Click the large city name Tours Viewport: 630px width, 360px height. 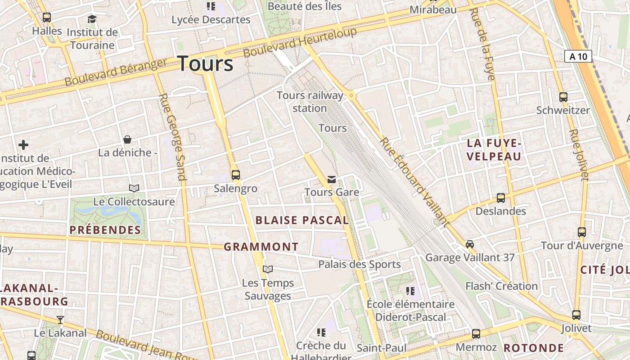point(206,64)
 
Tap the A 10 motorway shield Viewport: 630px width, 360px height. point(578,56)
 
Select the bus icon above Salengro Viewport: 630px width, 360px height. point(235,175)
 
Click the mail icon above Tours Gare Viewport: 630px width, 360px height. point(332,180)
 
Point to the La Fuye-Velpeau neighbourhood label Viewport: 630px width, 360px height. point(494,150)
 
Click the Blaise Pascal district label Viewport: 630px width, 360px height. point(302,220)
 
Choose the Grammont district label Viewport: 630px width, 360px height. point(261,247)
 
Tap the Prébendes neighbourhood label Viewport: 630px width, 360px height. point(105,230)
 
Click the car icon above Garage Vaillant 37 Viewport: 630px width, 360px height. point(470,244)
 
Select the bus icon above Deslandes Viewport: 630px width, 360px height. point(500,198)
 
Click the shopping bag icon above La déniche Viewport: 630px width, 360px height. point(127,139)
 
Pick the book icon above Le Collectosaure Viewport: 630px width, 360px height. point(134,188)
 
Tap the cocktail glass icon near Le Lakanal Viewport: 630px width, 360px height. point(60,320)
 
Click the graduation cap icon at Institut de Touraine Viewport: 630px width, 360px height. point(92,19)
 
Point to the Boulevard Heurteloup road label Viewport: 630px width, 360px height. point(300,43)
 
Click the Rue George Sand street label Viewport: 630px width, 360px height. point(173,137)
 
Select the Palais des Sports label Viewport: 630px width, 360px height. point(359,264)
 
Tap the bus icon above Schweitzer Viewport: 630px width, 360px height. point(563,97)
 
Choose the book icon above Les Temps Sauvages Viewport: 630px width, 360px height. point(268,269)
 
